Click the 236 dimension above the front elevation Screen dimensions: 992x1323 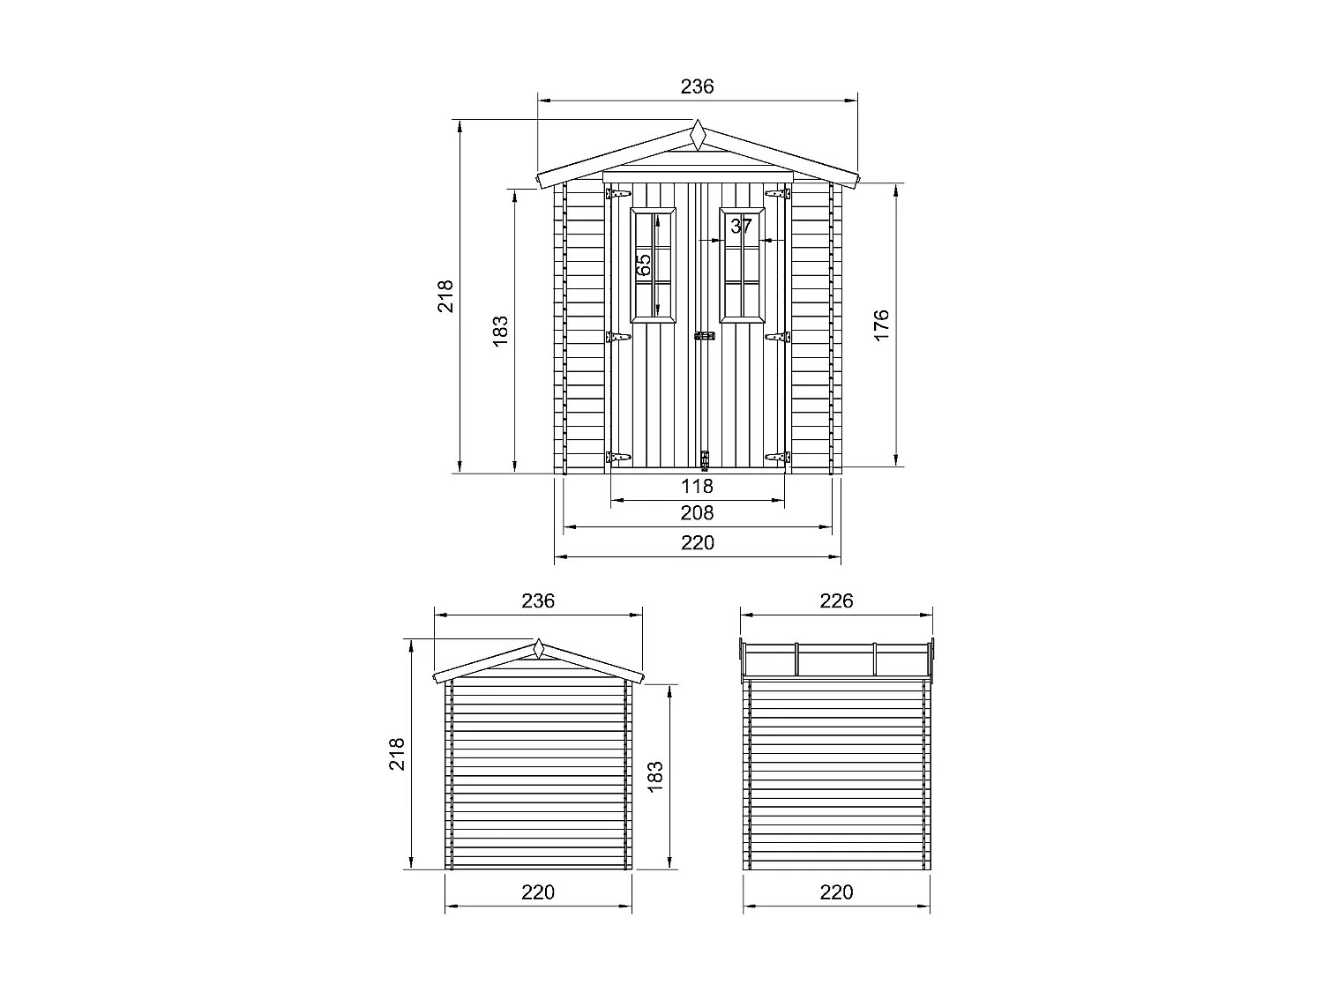pos(697,86)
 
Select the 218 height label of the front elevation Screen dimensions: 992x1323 pos(445,295)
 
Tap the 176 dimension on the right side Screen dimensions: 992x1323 pos(881,324)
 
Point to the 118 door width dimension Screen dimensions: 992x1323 pos(697,486)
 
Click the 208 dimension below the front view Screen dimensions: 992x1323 pos(697,513)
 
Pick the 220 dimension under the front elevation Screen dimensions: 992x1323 pos(697,543)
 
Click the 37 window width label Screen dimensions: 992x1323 pos(742,227)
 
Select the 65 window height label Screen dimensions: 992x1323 pos(644,264)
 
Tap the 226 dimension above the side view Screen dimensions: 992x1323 pos(836,601)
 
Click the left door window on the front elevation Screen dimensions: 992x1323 pos(654,265)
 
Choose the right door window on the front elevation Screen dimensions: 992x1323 pos(742,265)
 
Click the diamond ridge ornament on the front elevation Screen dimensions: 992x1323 pos(698,136)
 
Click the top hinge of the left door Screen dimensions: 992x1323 pos(618,193)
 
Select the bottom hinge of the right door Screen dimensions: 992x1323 pos(777,457)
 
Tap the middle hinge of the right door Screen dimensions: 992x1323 pos(777,336)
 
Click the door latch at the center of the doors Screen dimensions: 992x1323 pos(704,336)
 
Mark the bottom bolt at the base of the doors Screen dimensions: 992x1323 pos(704,459)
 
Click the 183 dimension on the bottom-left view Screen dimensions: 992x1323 pos(654,777)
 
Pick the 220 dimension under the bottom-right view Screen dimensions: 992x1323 pos(836,892)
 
